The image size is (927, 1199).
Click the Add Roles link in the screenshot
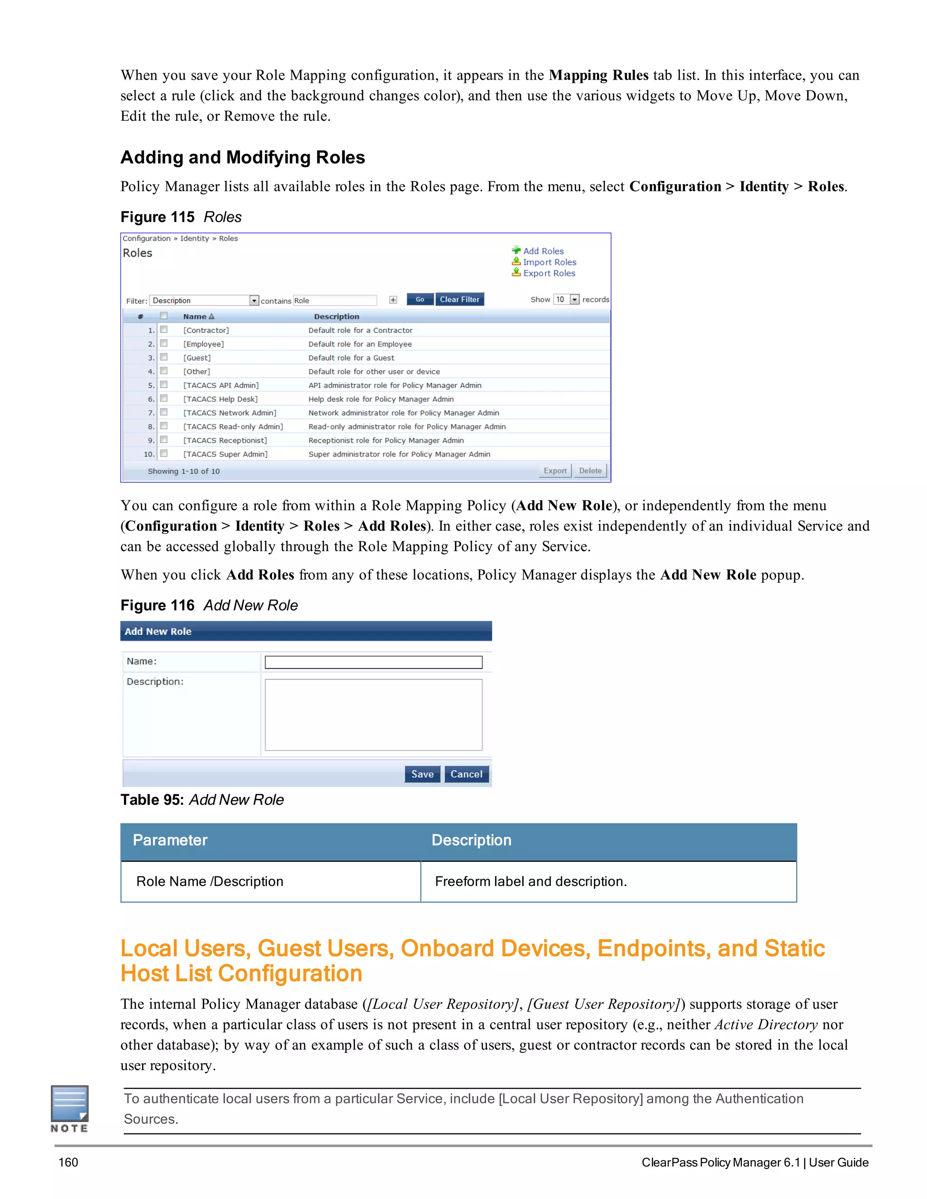coord(543,251)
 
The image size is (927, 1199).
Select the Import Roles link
coord(549,262)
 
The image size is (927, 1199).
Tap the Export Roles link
coord(549,273)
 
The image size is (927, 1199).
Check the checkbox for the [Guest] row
coord(164,357)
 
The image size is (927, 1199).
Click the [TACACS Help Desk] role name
coord(220,399)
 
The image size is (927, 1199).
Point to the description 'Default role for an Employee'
coord(360,344)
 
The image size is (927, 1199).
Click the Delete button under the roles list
coord(590,471)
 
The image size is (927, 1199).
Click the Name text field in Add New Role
coord(373,662)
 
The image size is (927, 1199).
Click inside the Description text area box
coord(373,714)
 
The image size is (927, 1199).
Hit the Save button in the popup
coord(422,774)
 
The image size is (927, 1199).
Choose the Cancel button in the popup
coord(466,774)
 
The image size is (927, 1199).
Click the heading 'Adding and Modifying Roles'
coord(243,157)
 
